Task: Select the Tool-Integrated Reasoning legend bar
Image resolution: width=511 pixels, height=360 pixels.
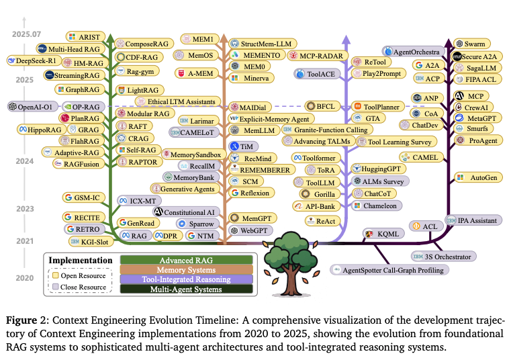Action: pos(186,279)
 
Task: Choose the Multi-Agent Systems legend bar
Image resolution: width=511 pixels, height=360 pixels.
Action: pos(186,289)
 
